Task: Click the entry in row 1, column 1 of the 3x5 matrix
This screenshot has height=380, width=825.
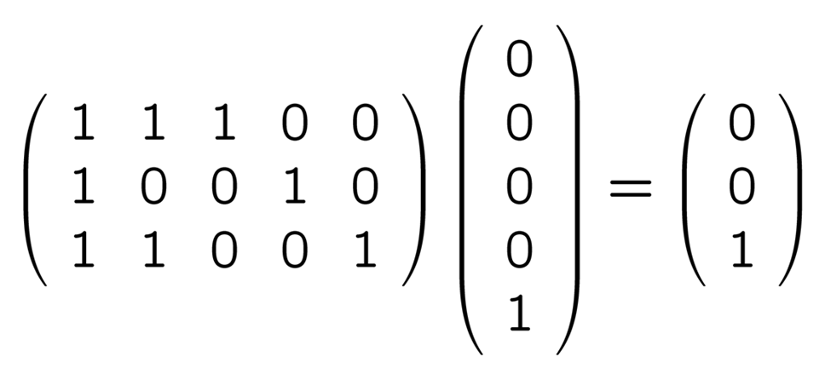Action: click(83, 125)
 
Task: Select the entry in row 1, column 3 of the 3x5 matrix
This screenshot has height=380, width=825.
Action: click(223, 125)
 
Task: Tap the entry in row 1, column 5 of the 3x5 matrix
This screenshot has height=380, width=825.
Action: click(364, 125)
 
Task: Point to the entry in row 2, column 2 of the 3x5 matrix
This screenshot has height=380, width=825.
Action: click(153, 188)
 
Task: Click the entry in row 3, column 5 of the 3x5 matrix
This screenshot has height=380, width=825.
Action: click(364, 252)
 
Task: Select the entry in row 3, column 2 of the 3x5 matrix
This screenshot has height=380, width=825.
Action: click(153, 252)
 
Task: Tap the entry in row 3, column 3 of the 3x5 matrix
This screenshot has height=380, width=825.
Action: click(223, 252)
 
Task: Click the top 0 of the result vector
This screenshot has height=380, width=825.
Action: click(741, 125)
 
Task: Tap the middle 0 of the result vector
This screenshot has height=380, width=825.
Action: click(741, 188)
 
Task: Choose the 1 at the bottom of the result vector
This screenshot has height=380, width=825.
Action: click(741, 252)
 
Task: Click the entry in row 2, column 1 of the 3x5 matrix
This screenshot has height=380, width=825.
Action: click(83, 188)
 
